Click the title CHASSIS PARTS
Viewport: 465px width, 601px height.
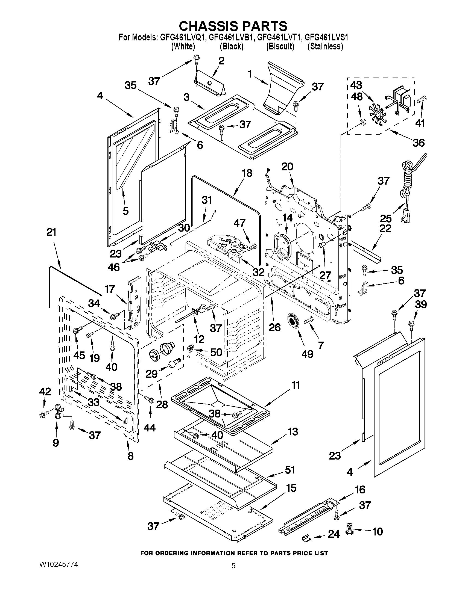pos(233,26)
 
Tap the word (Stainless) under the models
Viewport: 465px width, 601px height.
pos(325,46)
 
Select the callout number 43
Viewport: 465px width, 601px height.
pos(356,85)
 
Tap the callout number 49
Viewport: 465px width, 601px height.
pos(308,354)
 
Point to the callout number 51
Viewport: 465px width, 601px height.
pos(290,470)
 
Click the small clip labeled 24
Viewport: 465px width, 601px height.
pos(307,537)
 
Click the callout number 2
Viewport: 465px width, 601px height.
pos(221,61)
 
